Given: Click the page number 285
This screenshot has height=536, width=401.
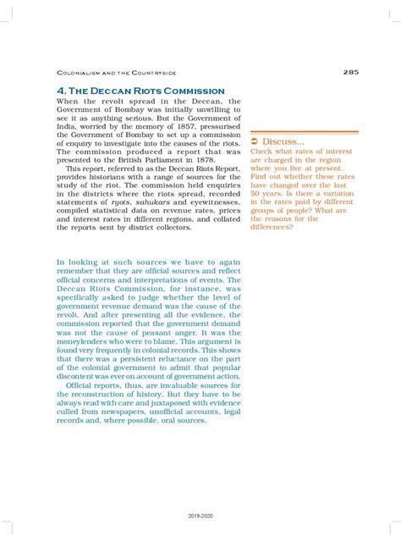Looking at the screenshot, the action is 350,72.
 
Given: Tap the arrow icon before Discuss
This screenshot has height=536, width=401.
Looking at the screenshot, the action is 255,141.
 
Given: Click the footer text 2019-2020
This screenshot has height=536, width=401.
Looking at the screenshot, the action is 200,514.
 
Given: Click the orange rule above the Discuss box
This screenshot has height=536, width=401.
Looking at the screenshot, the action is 305,132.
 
